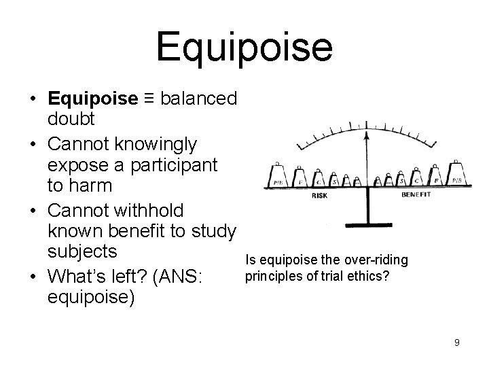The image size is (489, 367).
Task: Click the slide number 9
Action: (x=457, y=343)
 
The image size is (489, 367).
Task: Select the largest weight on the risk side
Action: (x=278, y=177)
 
